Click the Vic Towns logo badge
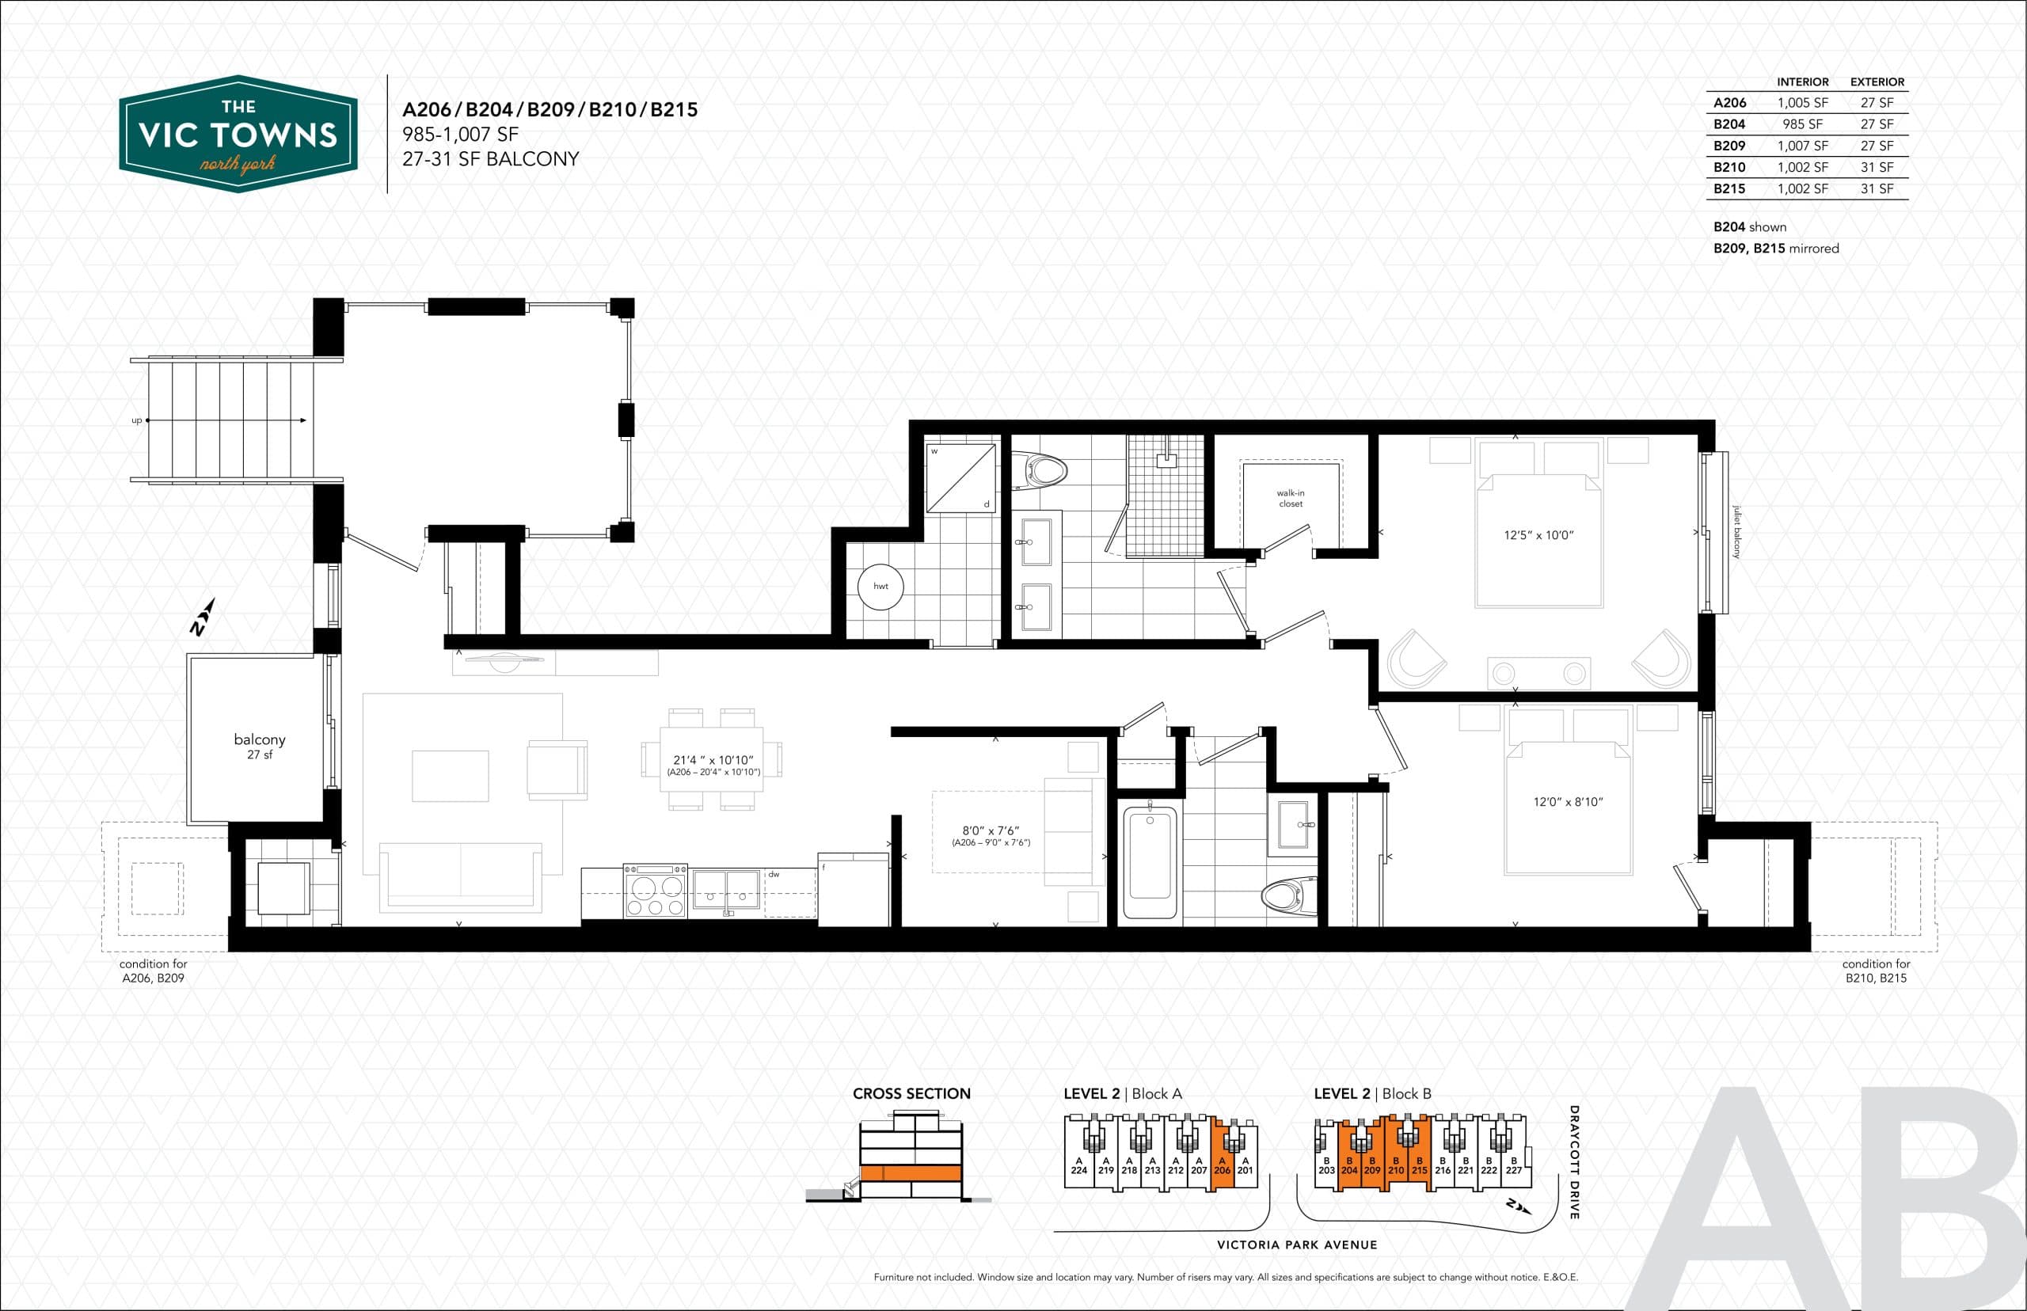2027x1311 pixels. (238, 135)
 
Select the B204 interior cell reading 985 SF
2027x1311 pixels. (1801, 124)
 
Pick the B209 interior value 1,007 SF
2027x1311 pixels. (1801, 146)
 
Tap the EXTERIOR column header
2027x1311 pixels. (1877, 82)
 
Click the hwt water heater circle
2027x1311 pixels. (880, 586)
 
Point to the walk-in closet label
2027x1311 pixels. (1290, 498)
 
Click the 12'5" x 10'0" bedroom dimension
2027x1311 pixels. (1538, 535)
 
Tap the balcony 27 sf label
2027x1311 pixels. (260, 745)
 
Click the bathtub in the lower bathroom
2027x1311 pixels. (1149, 862)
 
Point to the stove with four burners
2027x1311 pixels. (655, 891)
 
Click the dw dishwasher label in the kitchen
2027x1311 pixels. (774, 874)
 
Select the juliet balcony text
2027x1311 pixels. (1736, 532)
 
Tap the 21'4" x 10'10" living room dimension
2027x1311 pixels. (713, 760)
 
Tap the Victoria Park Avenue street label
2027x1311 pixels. (1296, 1244)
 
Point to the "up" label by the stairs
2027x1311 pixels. (136, 420)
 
